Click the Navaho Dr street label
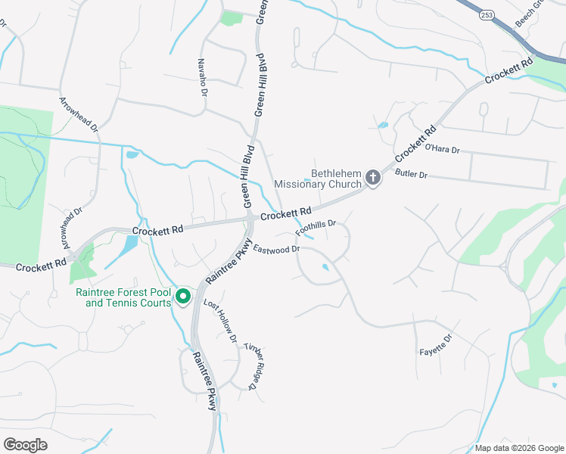(202, 78)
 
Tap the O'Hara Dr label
(443, 149)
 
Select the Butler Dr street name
(412, 175)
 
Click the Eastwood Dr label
(277, 249)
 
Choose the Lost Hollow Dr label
(220, 320)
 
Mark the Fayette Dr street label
(436, 346)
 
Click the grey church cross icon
(372, 178)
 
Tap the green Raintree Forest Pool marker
(182, 297)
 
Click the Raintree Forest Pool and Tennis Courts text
(125, 297)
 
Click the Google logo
(25, 444)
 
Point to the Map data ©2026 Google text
(518, 448)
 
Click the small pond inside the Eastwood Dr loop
(325, 266)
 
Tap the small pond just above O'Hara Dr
(382, 125)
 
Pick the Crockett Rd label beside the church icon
(415, 141)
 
